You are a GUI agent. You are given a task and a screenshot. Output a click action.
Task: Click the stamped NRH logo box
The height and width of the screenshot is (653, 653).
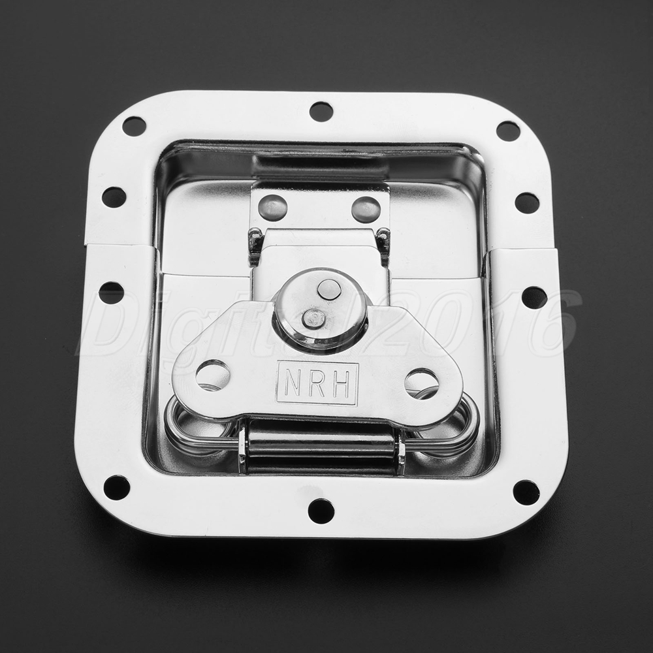pos(317,383)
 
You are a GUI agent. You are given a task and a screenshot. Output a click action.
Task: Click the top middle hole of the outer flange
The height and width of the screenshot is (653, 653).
pos(321,111)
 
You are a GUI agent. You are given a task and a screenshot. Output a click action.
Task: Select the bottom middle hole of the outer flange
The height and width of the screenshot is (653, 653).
pos(321,511)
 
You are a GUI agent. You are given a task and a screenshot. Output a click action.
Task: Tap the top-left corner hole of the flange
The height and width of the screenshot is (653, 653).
pos(134,125)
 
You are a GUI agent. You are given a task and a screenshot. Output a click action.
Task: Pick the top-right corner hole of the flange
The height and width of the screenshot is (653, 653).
pos(508,131)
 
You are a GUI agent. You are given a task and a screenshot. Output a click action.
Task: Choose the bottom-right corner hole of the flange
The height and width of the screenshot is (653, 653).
pos(526,492)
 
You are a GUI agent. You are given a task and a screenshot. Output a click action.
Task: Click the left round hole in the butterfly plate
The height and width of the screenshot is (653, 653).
pos(212,372)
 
